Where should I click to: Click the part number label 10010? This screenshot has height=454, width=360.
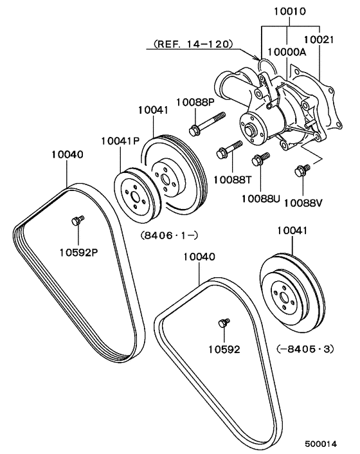click(x=289, y=12)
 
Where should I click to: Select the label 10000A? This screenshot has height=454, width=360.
click(x=287, y=54)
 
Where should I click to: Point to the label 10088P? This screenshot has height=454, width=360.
click(x=195, y=101)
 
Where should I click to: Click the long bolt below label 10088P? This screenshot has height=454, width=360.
click(x=207, y=123)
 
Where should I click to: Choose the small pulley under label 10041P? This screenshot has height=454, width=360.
click(x=134, y=192)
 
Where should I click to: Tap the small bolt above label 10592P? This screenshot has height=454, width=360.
click(x=76, y=221)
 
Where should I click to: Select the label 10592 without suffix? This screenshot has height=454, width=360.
click(x=223, y=349)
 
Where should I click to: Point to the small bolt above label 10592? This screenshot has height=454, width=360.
click(x=223, y=322)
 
